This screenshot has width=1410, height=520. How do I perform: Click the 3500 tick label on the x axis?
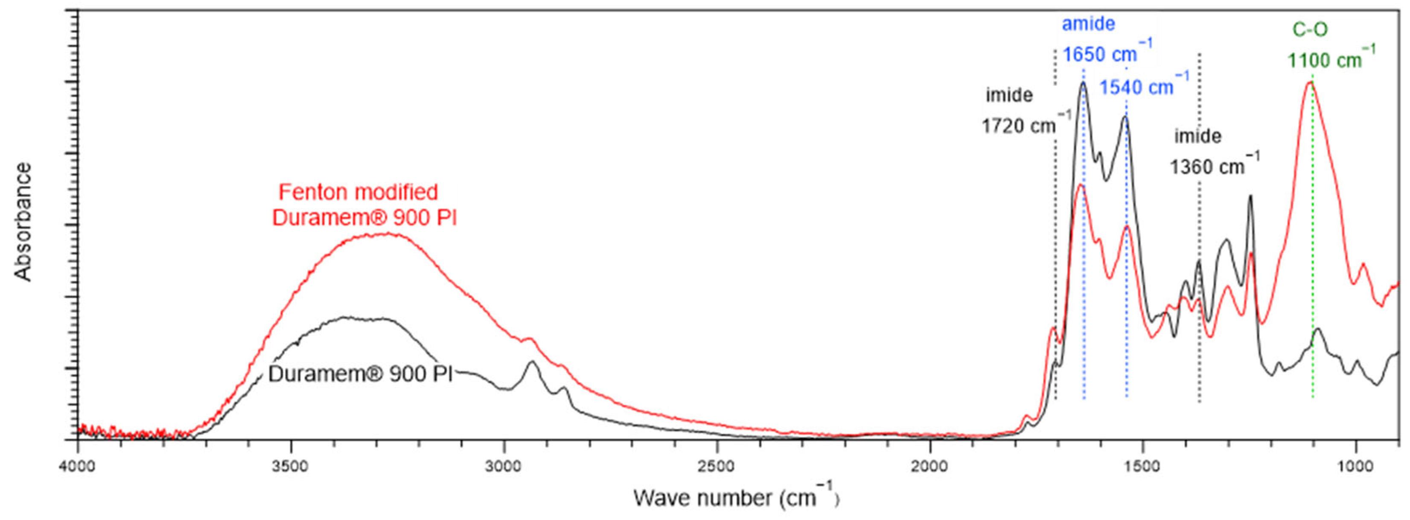pyautogui.click(x=291, y=466)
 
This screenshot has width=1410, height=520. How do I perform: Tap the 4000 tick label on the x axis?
pyautogui.click(x=78, y=466)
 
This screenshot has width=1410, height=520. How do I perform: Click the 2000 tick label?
pyautogui.click(x=929, y=466)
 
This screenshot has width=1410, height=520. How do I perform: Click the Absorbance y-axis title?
pyautogui.click(x=23, y=222)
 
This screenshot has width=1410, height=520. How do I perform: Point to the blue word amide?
pyautogui.click(x=1089, y=23)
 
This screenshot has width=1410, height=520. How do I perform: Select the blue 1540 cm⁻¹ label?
pyautogui.click(x=1144, y=86)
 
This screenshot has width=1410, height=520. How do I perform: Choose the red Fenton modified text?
pyautogui.click(x=358, y=192)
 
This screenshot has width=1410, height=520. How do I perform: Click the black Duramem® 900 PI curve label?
pyautogui.click(x=361, y=374)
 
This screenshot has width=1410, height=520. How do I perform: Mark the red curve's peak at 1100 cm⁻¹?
pyautogui.click(x=1310, y=83)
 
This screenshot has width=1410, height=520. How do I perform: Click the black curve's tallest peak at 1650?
pyautogui.click(x=1083, y=83)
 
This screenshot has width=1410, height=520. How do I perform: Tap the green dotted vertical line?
pyautogui.click(x=1313, y=246)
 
